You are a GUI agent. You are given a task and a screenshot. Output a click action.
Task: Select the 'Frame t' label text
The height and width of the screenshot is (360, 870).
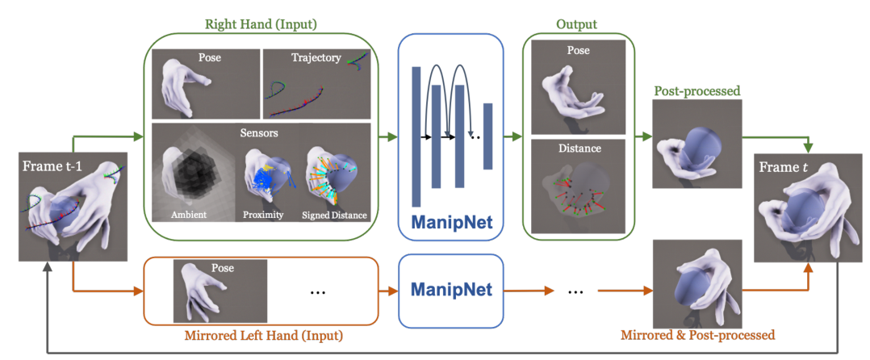785,169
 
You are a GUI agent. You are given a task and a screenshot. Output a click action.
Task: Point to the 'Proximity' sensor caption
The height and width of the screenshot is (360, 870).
262,215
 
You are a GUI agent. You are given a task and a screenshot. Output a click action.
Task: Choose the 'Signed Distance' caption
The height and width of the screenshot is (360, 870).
334,215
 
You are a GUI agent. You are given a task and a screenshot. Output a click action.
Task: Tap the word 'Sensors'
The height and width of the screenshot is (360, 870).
260,131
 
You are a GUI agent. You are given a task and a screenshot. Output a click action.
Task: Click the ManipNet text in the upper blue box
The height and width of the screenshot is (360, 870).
452,220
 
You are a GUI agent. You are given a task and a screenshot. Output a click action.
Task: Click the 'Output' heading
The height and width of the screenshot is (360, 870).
576,25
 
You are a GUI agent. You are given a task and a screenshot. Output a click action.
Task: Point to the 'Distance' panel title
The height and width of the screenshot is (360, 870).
577,148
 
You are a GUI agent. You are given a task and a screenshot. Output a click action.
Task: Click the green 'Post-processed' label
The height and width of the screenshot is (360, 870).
696,91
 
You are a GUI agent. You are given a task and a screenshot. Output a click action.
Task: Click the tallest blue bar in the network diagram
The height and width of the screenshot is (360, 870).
416,136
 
